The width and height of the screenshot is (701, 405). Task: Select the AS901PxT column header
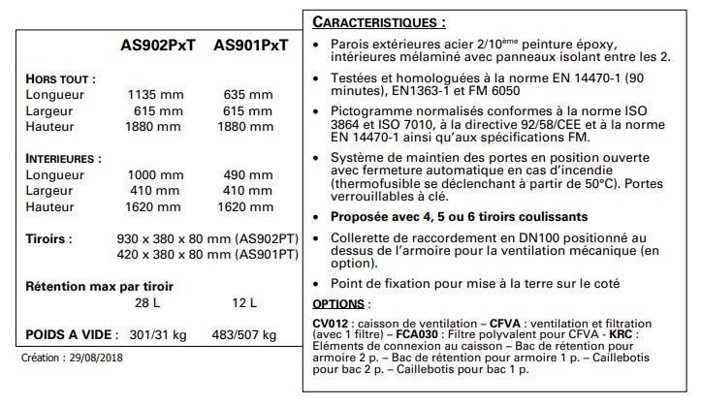pos(251,45)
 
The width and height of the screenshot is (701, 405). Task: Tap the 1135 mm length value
pos(155,95)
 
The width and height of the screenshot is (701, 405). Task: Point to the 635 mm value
pos(247,95)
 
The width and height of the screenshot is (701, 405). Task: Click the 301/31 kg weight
pos(156,335)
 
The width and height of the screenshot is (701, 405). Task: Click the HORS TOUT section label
pos(60,78)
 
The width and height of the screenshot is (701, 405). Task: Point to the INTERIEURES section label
pos(65,157)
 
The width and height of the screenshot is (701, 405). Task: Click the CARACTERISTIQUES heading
pos(380,21)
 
